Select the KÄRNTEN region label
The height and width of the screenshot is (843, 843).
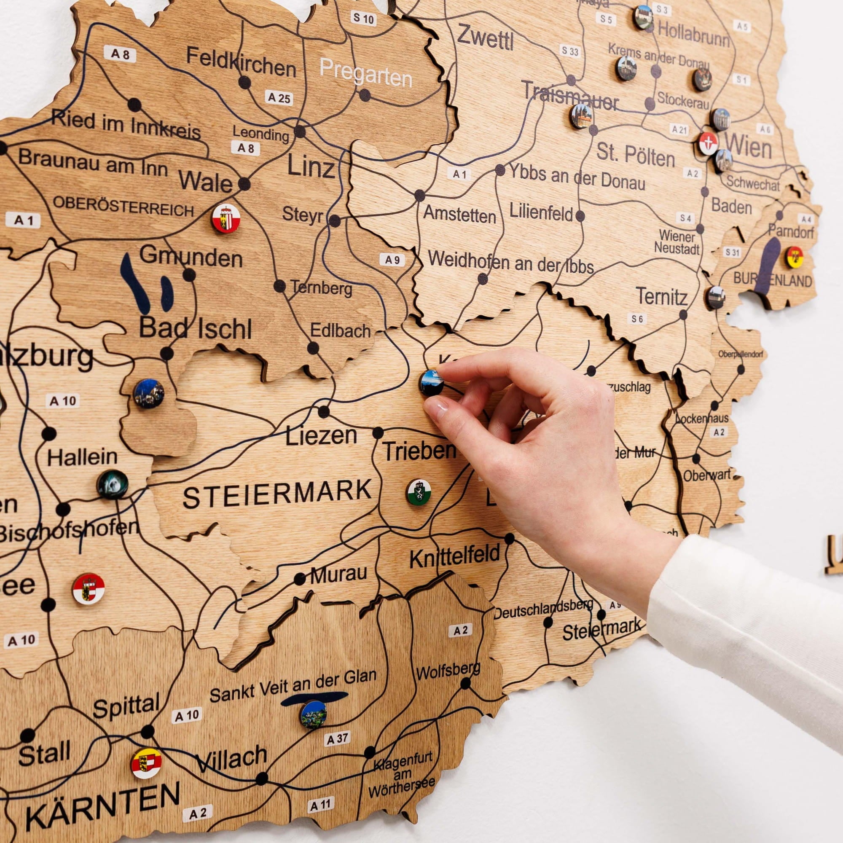click(102, 804)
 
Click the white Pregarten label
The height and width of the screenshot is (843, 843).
click(365, 73)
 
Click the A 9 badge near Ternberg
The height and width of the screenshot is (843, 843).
click(392, 260)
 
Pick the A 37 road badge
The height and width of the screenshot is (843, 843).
click(338, 739)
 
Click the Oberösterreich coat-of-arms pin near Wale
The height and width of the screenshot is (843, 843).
click(226, 218)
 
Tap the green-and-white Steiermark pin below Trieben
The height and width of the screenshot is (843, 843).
click(419, 492)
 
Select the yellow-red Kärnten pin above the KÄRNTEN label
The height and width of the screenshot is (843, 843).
click(147, 764)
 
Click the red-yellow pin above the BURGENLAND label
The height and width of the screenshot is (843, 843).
click(795, 257)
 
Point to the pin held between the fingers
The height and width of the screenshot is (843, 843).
click(432, 382)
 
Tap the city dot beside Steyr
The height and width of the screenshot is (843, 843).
click(335, 221)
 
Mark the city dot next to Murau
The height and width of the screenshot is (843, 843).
click(300, 580)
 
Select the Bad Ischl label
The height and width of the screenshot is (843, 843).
click(195, 328)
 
